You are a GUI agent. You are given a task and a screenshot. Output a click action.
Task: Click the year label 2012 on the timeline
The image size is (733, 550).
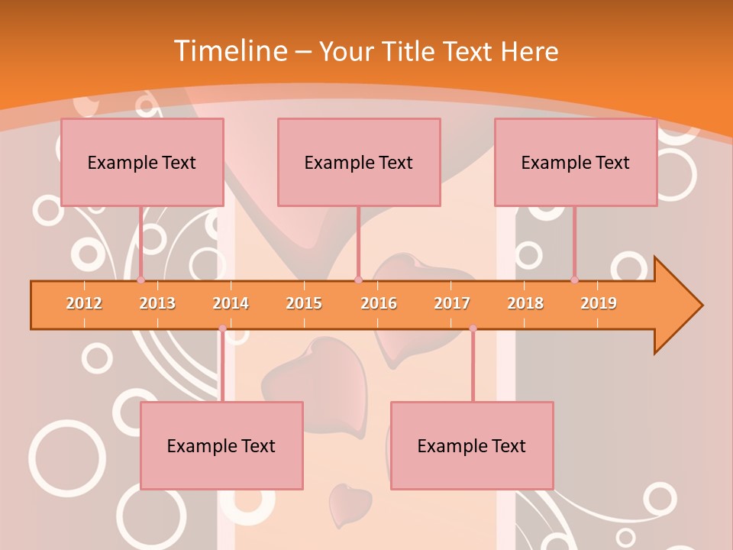click(84, 303)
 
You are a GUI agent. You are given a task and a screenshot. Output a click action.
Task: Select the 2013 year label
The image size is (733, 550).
click(157, 303)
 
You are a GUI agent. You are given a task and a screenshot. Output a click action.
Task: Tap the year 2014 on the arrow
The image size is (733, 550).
click(231, 303)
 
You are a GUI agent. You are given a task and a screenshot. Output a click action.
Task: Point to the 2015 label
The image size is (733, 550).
click(304, 303)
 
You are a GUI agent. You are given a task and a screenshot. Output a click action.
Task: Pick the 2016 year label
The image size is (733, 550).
click(379, 303)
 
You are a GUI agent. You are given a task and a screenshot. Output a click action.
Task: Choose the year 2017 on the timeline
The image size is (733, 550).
click(452, 303)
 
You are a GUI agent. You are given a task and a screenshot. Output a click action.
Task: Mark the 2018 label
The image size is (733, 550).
click(525, 303)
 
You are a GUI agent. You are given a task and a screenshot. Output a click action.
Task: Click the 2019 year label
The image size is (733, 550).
click(599, 303)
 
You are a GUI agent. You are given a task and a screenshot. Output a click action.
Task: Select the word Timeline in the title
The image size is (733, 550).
click(229, 51)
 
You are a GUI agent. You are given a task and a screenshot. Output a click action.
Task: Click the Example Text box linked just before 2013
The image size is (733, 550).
click(142, 162)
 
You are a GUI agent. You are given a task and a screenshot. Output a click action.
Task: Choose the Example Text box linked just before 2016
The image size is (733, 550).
click(359, 162)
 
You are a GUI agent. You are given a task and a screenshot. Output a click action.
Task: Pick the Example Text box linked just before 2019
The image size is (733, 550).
click(576, 162)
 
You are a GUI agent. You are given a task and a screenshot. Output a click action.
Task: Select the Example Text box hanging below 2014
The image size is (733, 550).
click(221, 445)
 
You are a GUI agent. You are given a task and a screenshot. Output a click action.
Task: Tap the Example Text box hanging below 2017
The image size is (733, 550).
click(472, 445)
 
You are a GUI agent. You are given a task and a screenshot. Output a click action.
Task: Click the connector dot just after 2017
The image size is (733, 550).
click(473, 328)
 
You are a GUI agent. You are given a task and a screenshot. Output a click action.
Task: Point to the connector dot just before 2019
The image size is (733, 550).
click(575, 280)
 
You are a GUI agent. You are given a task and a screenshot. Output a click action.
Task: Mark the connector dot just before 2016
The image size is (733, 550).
click(358, 280)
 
